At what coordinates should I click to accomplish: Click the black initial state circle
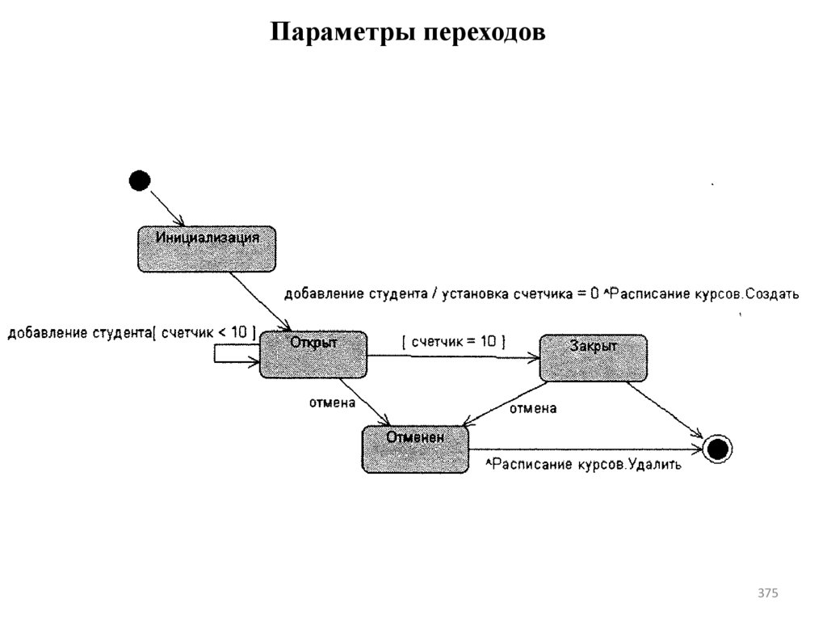point(140,180)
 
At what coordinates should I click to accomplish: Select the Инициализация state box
point(207,249)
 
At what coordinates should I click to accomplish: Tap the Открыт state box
point(313,354)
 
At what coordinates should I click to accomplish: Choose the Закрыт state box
point(593,357)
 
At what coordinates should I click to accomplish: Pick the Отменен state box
point(415,449)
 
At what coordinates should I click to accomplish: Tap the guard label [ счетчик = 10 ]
point(454,341)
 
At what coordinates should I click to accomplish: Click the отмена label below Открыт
point(333,402)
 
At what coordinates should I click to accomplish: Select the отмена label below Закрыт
point(532,409)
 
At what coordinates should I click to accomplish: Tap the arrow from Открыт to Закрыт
point(452,356)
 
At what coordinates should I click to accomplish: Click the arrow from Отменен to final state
point(586,449)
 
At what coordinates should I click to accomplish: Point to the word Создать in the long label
point(773,294)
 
